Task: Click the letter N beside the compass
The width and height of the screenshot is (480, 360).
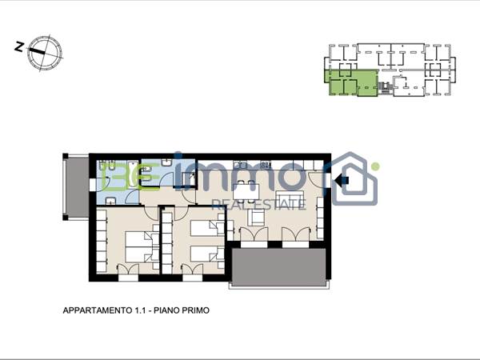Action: pos(18,47)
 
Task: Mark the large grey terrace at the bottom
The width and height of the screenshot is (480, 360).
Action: pos(278,266)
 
